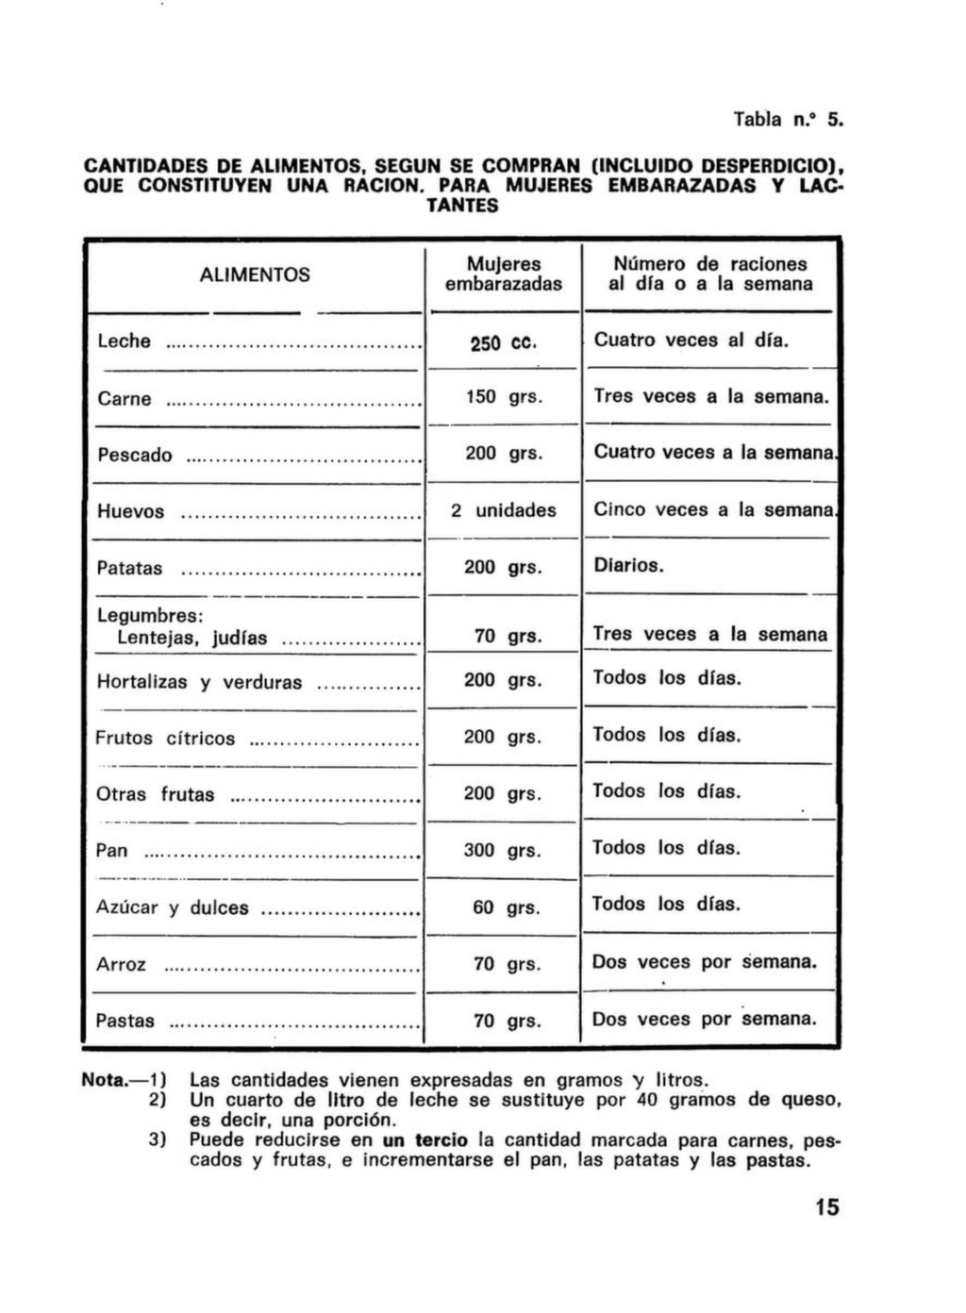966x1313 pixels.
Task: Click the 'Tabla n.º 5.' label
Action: pyautogui.click(x=788, y=120)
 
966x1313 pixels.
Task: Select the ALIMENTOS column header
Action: pyautogui.click(x=255, y=274)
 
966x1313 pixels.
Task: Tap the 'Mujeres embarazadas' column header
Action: pyautogui.click(x=504, y=274)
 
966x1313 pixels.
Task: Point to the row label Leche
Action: pyautogui.click(x=124, y=341)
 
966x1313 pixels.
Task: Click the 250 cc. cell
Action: pyautogui.click(x=504, y=341)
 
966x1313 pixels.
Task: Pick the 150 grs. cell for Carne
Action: pyautogui.click(x=504, y=397)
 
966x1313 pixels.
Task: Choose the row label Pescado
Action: pyautogui.click(x=135, y=455)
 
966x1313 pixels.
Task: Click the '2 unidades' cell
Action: pyautogui.click(x=504, y=510)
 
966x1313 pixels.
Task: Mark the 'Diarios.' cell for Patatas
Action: pyautogui.click(x=629, y=566)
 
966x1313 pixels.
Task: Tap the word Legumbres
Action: pyautogui.click(x=150, y=616)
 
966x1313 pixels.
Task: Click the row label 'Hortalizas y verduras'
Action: pyautogui.click(x=199, y=682)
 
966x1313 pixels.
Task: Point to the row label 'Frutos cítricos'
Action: pyautogui.click(x=165, y=738)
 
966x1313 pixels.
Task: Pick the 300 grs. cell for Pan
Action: pyautogui.click(x=504, y=850)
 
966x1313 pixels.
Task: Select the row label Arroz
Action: pyautogui.click(x=122, y=964)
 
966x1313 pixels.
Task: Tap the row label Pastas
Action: pyautogui.click(x=125, y=1021)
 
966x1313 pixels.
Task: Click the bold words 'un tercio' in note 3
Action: pyautogui.click(x=425, y=1139)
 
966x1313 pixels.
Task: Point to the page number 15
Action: pyautogui.click(x=826, y=1206)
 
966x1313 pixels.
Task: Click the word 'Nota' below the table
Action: pyautogui.click(x=104, y=1080)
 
